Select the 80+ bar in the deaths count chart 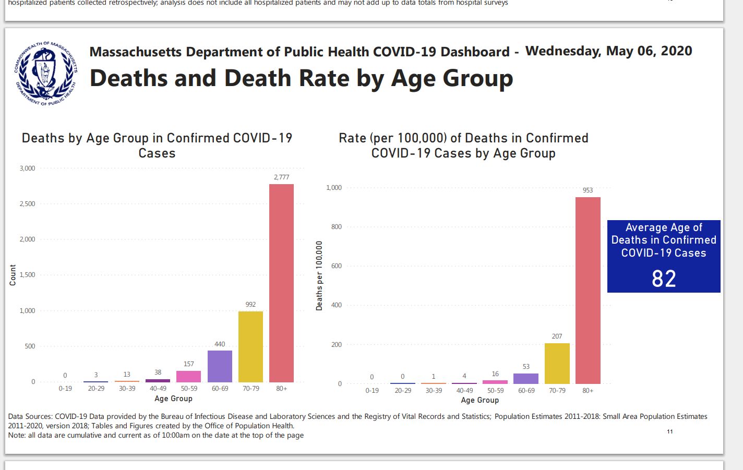tap(281, 283)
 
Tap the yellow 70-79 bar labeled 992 tap(250, 346)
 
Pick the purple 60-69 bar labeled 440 tap(220, 366)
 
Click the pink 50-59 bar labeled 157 tap(189, 376)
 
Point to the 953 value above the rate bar tap(588, 190)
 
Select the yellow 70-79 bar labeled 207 tap(557, 363)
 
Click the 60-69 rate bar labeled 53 tap(526, 378)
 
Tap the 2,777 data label tap(281, 177)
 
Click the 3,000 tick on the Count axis tap(27, 168)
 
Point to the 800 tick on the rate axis tap(336, 227)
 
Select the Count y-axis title tap(13, 275)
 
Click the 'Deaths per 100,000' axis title tap(319, 276)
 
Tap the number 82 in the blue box tap(664, 279)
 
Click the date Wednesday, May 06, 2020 tap(608, 51)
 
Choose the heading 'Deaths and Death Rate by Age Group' tap(301, 78)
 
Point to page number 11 tap(670, 431)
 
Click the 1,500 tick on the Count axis tap(27, 275)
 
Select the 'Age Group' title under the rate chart tap(480, 400)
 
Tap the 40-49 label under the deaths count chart tap(158, 389)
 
